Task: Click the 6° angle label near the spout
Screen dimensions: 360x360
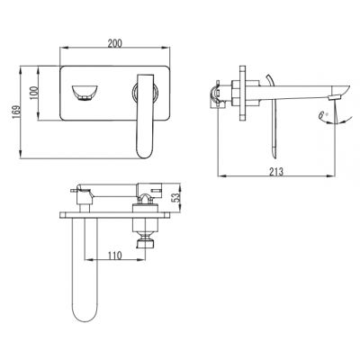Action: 325,114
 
